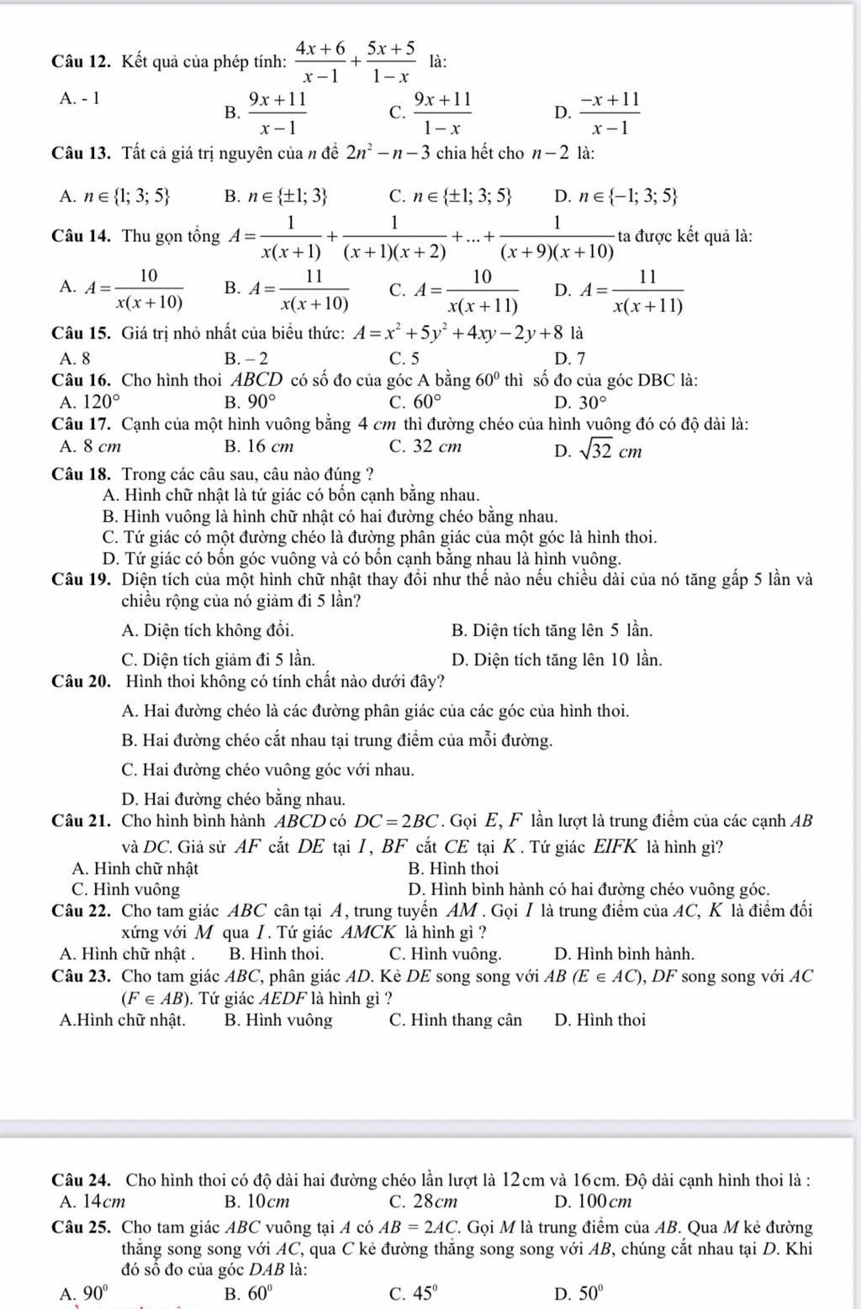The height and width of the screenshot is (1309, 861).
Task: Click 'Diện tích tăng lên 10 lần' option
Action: point(556,660)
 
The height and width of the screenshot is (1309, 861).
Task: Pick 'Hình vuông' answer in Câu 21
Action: point(126,889)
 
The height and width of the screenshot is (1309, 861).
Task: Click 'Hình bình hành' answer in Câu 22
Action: point(625,954)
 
